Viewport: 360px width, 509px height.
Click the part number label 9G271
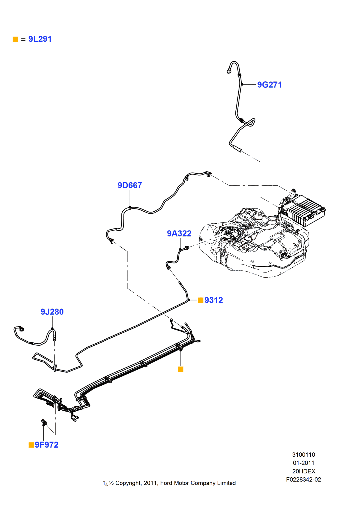click(269, 85)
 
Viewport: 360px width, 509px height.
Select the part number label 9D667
click(130, 185)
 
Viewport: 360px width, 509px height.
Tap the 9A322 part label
click(179, 234)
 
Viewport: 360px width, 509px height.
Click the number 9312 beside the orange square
click(214, 300)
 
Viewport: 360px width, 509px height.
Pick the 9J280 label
click(52, 312)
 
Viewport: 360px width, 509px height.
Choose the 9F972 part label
click(47, 445)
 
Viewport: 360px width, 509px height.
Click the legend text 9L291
click(40, 39)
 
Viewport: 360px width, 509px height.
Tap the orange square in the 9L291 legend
click(16, 39)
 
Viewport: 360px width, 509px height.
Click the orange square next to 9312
click(201, 300)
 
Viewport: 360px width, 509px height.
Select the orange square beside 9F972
click(31, 445)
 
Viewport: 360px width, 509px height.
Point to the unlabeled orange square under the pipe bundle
click(181, 369)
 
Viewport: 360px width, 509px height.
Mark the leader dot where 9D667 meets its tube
click(130, 207)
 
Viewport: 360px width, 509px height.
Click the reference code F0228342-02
click(303, 480)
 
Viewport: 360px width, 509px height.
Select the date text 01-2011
click(303, 463)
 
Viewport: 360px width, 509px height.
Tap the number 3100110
click(303, 455)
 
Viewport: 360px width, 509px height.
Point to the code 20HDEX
click(303, 471)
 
